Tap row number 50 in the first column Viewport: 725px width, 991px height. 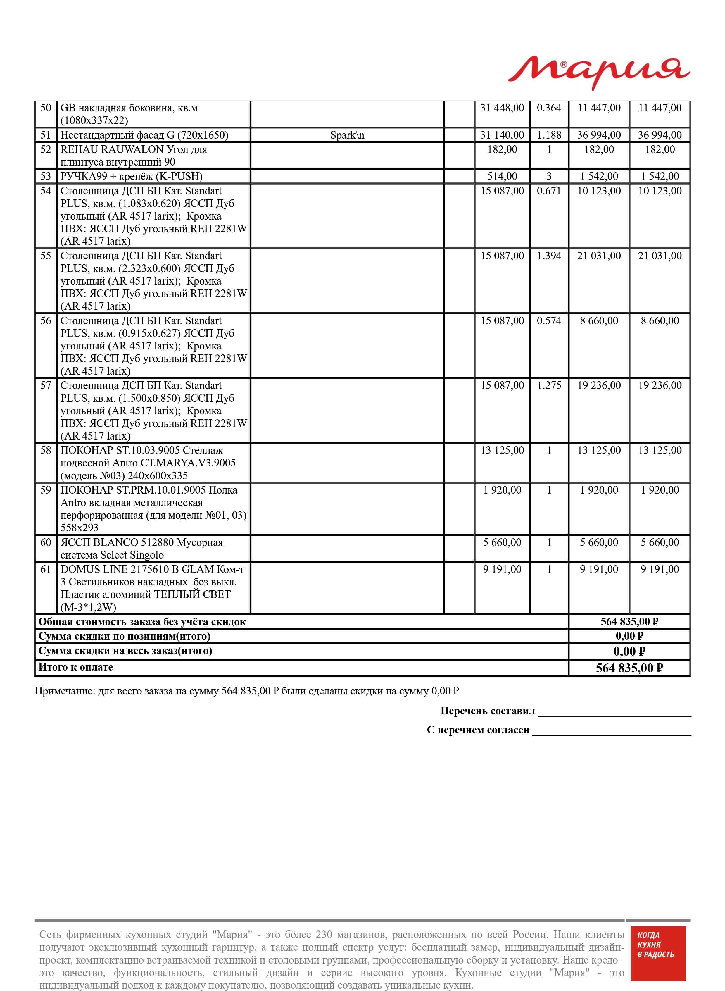click(46, 108)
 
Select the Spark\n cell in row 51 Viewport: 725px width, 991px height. click(347, 135)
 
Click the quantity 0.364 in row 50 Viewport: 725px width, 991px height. click(549, 108)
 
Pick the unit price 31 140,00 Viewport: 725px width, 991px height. click(502, 135)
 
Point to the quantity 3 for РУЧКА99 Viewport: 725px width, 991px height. click(549, 176)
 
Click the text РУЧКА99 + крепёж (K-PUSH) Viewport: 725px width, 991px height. click(131, 176)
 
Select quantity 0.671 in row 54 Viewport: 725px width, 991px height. click(549, 191)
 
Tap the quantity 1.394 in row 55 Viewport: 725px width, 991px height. click(549, 256)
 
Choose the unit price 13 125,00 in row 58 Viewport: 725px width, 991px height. click(502, 450)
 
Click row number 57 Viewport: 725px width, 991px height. click(46, 385)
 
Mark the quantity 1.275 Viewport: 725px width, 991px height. click(549, 385)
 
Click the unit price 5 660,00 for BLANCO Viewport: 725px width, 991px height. click(502, 542)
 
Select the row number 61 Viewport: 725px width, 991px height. click(46, 569)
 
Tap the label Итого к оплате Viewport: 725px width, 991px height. click(75, 667)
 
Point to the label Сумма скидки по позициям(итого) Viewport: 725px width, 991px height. click(124, 636)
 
